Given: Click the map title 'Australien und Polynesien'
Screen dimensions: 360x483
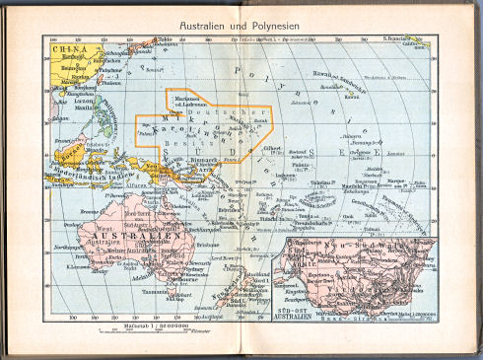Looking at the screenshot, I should click(241, 21).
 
